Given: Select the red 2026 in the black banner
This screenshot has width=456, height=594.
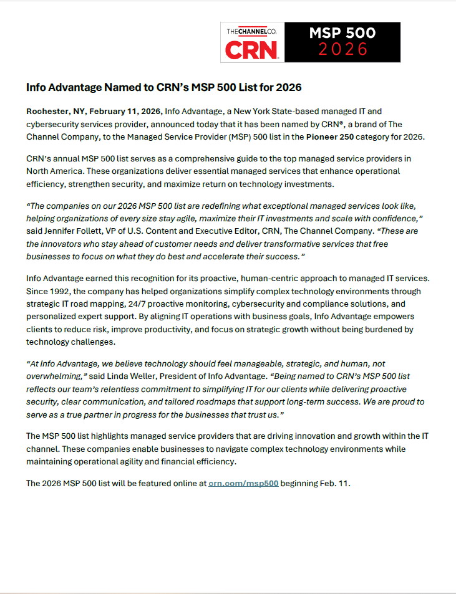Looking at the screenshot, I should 342,50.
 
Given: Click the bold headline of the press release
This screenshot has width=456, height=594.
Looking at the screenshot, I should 164,87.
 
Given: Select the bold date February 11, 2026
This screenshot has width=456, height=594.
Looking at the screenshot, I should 125,112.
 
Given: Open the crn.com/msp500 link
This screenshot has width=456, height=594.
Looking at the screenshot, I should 243,482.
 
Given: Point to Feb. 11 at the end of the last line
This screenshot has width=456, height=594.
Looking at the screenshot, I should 337,482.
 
